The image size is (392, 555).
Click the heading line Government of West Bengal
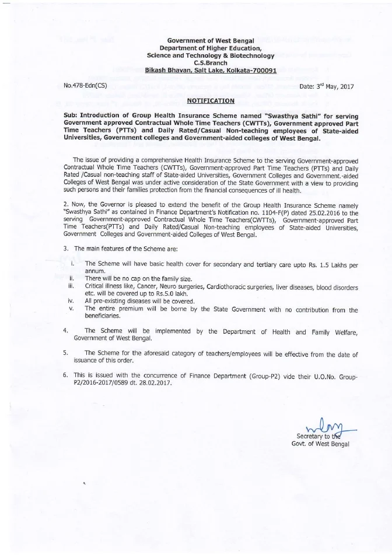(x=210, y=40)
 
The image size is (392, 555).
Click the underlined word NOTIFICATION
(x=210, y=100)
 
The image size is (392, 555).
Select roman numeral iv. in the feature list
(x=71, y=301)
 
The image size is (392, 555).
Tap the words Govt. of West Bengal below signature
(x=320, y=445)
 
